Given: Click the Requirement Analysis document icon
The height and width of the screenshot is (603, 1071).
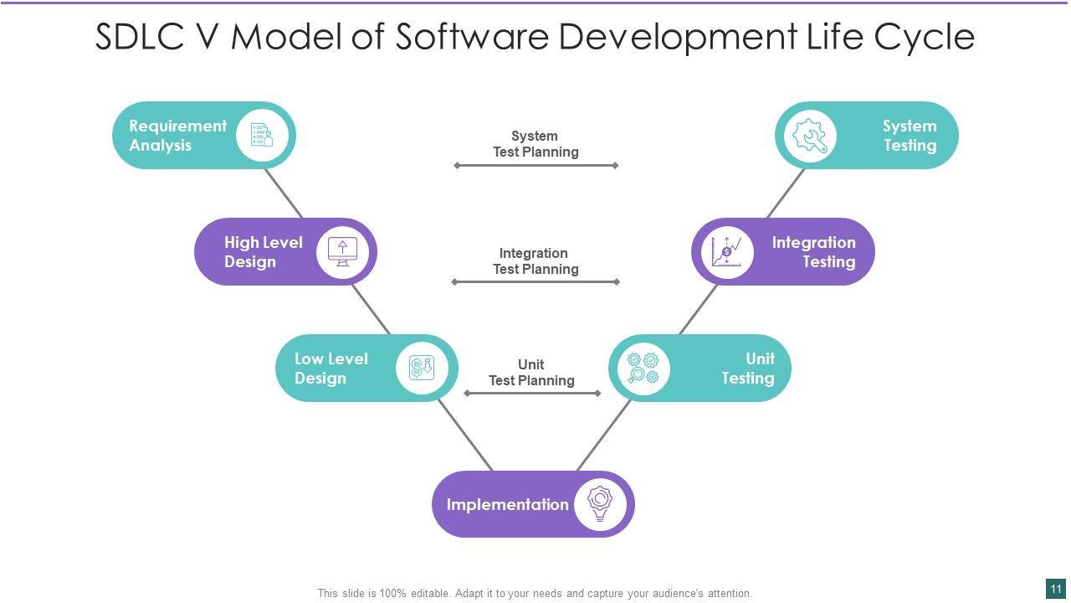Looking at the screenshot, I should coord(262,135).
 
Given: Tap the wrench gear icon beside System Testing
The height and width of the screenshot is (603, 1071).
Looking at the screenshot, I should coord(810,136).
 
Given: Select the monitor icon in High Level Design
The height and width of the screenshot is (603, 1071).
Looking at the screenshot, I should coord(342,251).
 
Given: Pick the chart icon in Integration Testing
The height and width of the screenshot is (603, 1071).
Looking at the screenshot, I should coord(725,251).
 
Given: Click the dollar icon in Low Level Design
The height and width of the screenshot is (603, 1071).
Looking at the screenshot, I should coord(421,368).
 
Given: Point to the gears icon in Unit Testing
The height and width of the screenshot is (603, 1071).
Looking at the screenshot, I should coord(643,368).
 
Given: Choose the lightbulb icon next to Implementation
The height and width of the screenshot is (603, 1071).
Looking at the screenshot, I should coord(600,502).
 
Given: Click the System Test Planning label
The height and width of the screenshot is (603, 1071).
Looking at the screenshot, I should coord(535,144).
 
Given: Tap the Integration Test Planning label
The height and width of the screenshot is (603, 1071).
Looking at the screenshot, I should coord(535,260).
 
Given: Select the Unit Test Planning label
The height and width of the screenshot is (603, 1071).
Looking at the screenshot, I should coord(531,373).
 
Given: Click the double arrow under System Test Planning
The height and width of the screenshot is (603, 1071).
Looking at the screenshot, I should coord(535,166).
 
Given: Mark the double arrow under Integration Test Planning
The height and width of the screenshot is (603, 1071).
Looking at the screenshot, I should coord(535,282).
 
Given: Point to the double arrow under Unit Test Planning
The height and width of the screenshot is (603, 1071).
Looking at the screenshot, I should coord(532,393).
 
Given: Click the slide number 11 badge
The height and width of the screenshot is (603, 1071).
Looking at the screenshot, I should coord(1056,589).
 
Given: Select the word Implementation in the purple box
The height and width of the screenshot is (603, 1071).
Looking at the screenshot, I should coord(507,504).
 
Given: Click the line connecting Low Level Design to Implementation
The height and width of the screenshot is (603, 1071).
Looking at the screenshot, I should coord(465,435).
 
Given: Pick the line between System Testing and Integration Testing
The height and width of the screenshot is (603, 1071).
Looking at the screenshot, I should coord(786,193).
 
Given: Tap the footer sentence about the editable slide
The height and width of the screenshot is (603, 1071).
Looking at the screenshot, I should coord(535,593).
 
